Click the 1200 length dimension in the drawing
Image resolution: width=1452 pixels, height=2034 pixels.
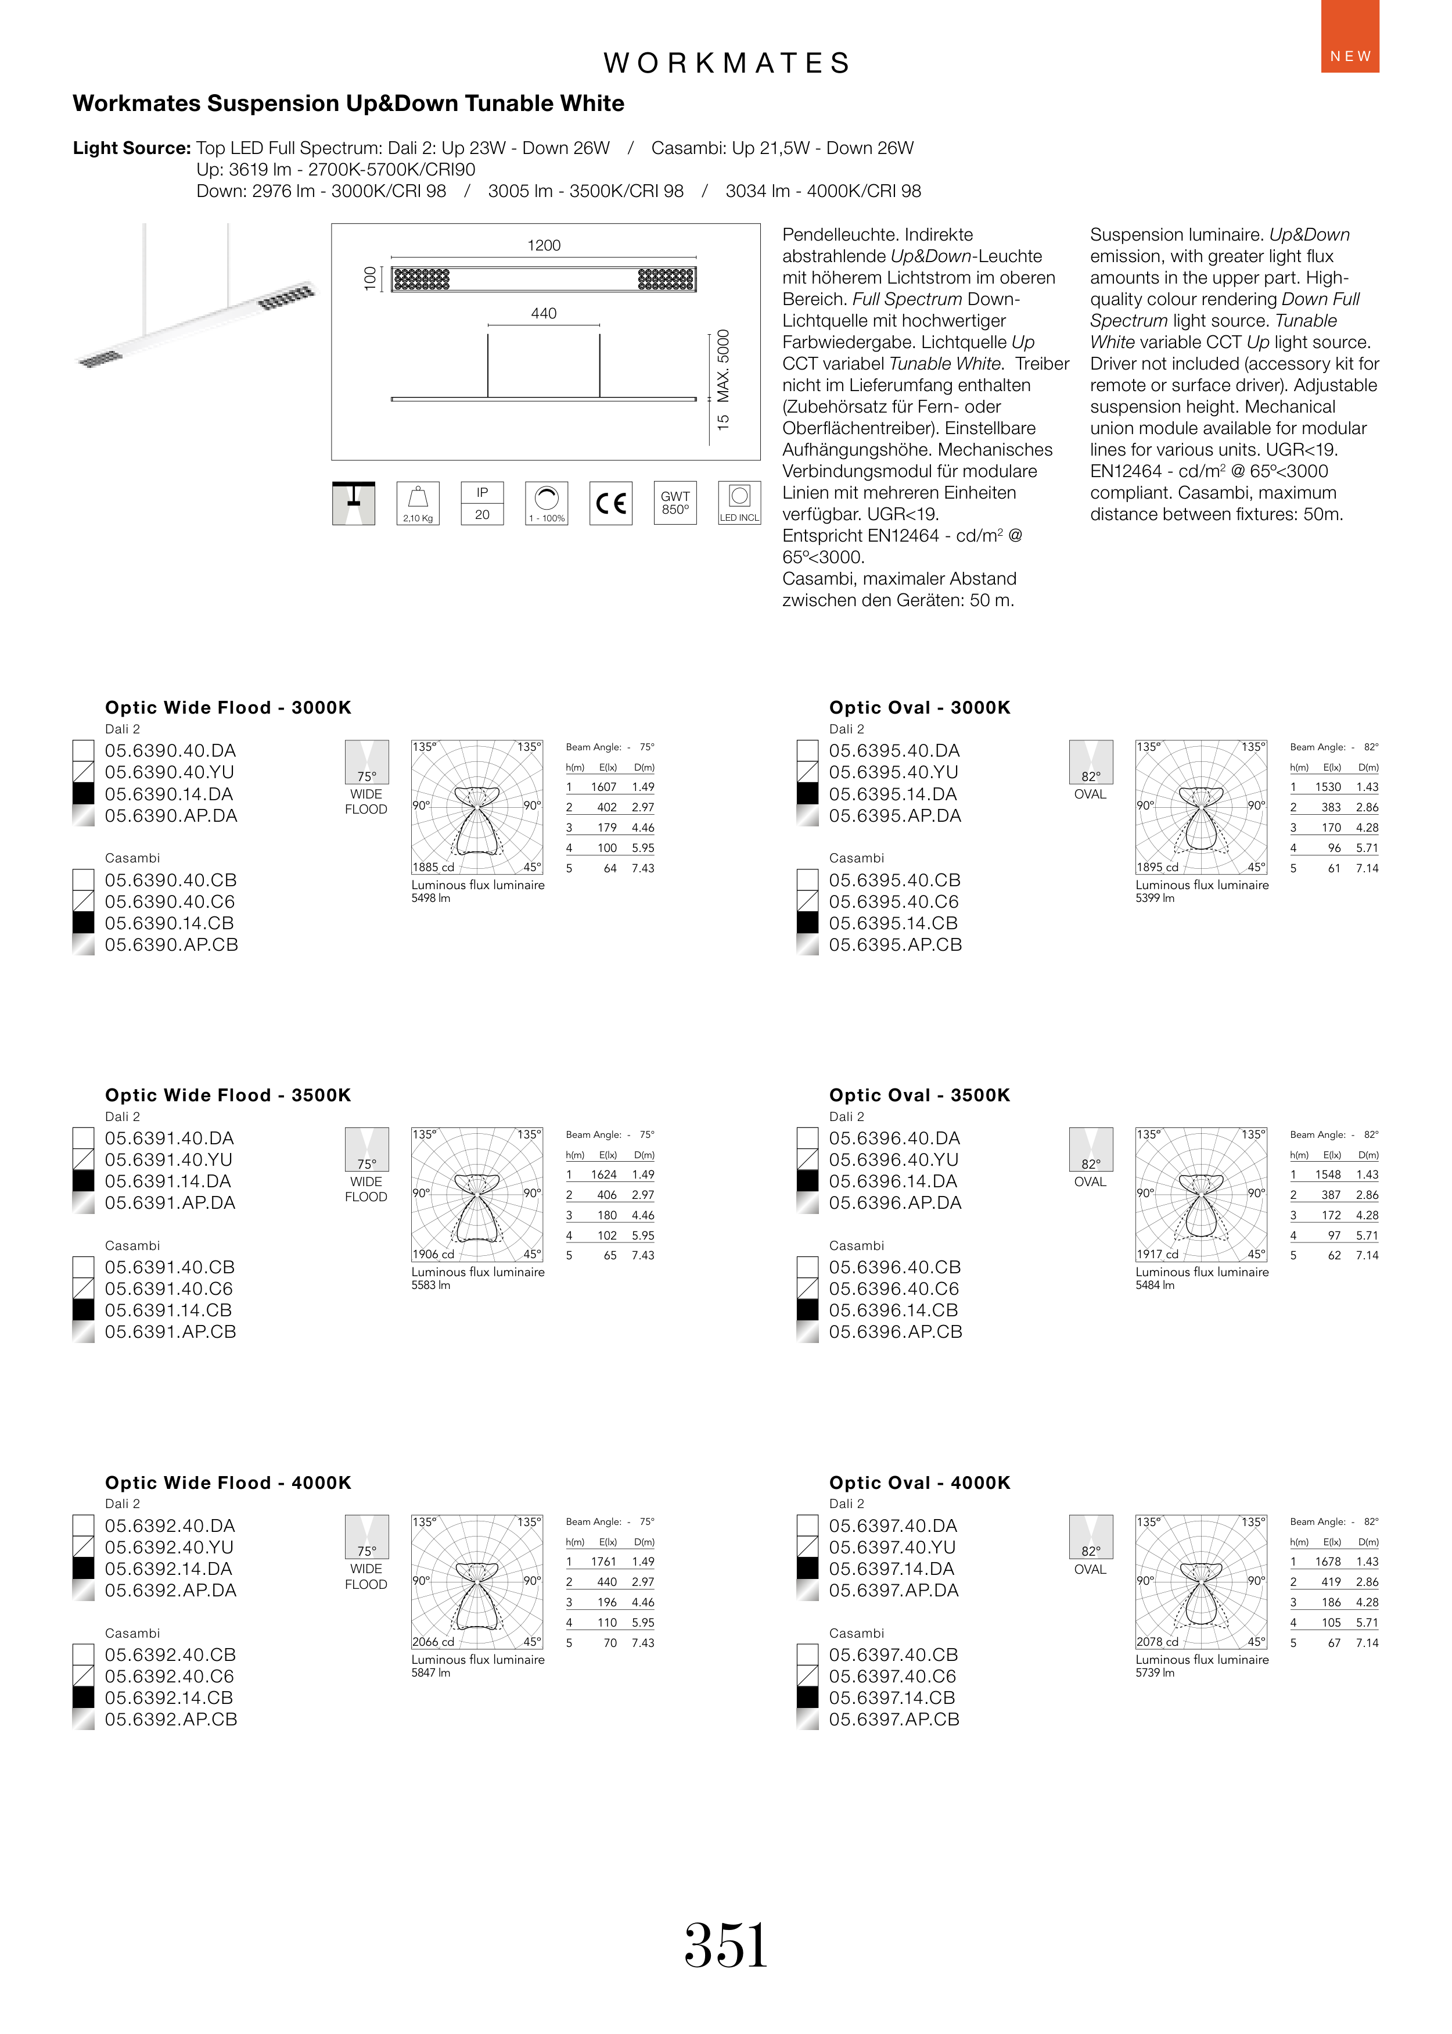pyautogui.click(x=544, y=245)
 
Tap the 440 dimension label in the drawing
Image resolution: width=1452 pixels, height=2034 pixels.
pyautogui.click(x=544, y=313)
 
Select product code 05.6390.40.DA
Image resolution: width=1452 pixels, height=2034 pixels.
pyautogui.click(x=170, y=750)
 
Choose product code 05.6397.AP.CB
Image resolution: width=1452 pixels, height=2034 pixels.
pyautogui.click(x=894, y=1719)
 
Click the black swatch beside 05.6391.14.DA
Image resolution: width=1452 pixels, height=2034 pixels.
pyautogui.click(x=83, y=1181)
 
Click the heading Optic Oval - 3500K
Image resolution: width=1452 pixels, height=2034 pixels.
pyautogui.click(x=919, y=1095)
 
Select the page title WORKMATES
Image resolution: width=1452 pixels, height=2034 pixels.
pyautogui.click(x=726, y=63)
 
